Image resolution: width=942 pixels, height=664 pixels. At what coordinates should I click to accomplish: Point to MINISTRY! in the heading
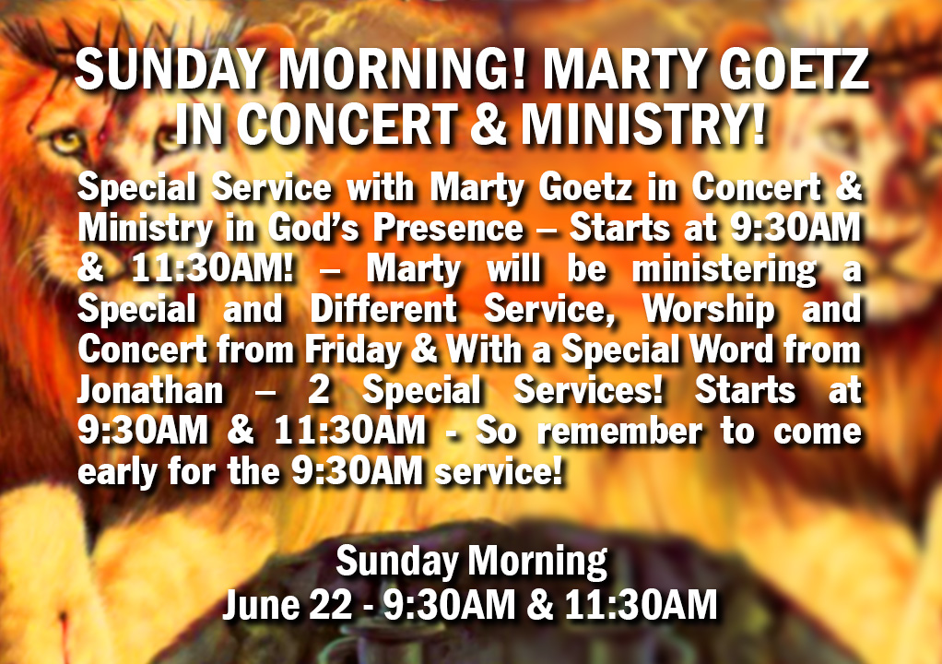(642, 125)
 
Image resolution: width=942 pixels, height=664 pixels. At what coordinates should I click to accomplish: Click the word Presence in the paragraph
(448, 229)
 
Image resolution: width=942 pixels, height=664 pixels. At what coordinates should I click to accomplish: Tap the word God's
(313, 229)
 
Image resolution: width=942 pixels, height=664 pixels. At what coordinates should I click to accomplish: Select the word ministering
(724, 270)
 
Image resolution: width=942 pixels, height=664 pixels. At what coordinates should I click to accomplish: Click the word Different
(383, 310)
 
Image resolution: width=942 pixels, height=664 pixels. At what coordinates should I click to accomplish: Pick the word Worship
(709, 311)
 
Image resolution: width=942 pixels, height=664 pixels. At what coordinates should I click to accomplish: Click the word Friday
(353, 350)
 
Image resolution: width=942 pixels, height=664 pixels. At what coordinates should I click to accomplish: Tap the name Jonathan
(150, 391)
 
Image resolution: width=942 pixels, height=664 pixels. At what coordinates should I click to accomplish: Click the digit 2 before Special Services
(319, 391)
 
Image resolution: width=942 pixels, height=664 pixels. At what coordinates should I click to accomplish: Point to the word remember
(619, 432)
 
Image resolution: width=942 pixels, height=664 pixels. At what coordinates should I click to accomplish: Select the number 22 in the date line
(330, 604)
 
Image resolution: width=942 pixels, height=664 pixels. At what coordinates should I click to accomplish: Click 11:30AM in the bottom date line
(641, 604)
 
